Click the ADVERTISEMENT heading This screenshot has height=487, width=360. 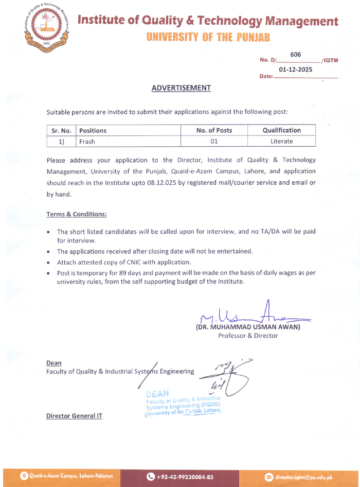(x=182, y=88)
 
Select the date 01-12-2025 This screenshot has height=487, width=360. (x=295, y=69)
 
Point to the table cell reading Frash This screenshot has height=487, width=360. (x=87, y=141)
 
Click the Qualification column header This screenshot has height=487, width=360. (x=281, y=130)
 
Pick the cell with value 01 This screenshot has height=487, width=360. (x=214, y=141)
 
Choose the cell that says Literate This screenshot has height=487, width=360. (x=281, y=141)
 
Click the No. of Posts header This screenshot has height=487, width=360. (x=214, y=130)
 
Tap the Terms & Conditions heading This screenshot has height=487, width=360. (x=77, y=214)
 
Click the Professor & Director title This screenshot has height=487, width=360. (x=248, y=336)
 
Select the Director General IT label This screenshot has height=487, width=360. (x=74, y=415)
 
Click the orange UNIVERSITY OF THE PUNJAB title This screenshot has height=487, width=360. (x=208, y=37)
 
